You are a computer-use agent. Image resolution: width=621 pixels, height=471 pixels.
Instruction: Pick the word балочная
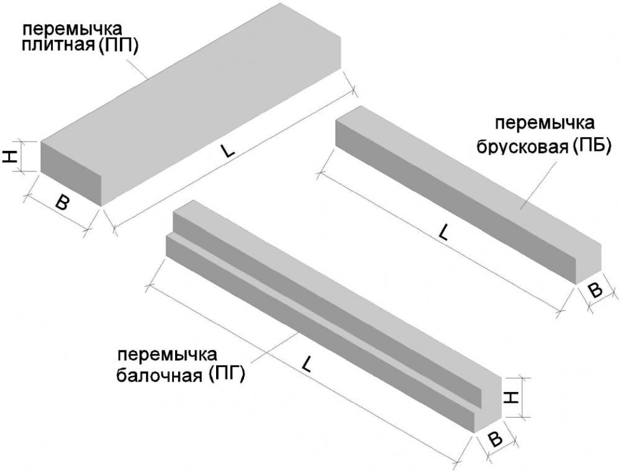[x=161, y=375]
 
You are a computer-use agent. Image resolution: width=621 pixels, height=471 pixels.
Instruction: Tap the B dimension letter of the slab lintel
[x=61, y=203]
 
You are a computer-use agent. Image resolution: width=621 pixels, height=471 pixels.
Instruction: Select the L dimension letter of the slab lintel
[x=225, y=152]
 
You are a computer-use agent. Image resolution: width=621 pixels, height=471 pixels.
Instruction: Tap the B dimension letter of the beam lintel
[x=495, y=439]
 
